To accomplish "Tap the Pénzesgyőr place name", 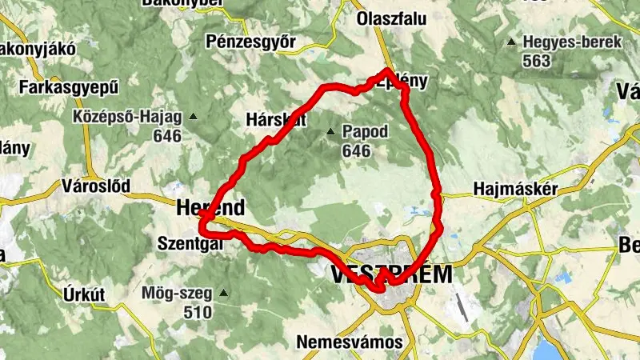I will pyautogui.click(x=251, y=42).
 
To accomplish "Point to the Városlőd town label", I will pyautogui.click(x=96, y=186).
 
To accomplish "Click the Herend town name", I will pyautogui.click(x=210, y=208).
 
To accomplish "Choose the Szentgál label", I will pyautogui.click(x=190, y=241).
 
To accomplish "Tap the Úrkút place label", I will pyautogui.click(x=84, y=294).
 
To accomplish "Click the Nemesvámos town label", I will pyautogui.click(x=350, y=342).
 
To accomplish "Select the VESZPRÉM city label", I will pyautogui.click(x=391, y=274).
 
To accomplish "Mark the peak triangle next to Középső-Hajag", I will pyautogui.click(x=193, y=117).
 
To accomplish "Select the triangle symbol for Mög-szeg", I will pyautogui.click(x=224, y=292).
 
